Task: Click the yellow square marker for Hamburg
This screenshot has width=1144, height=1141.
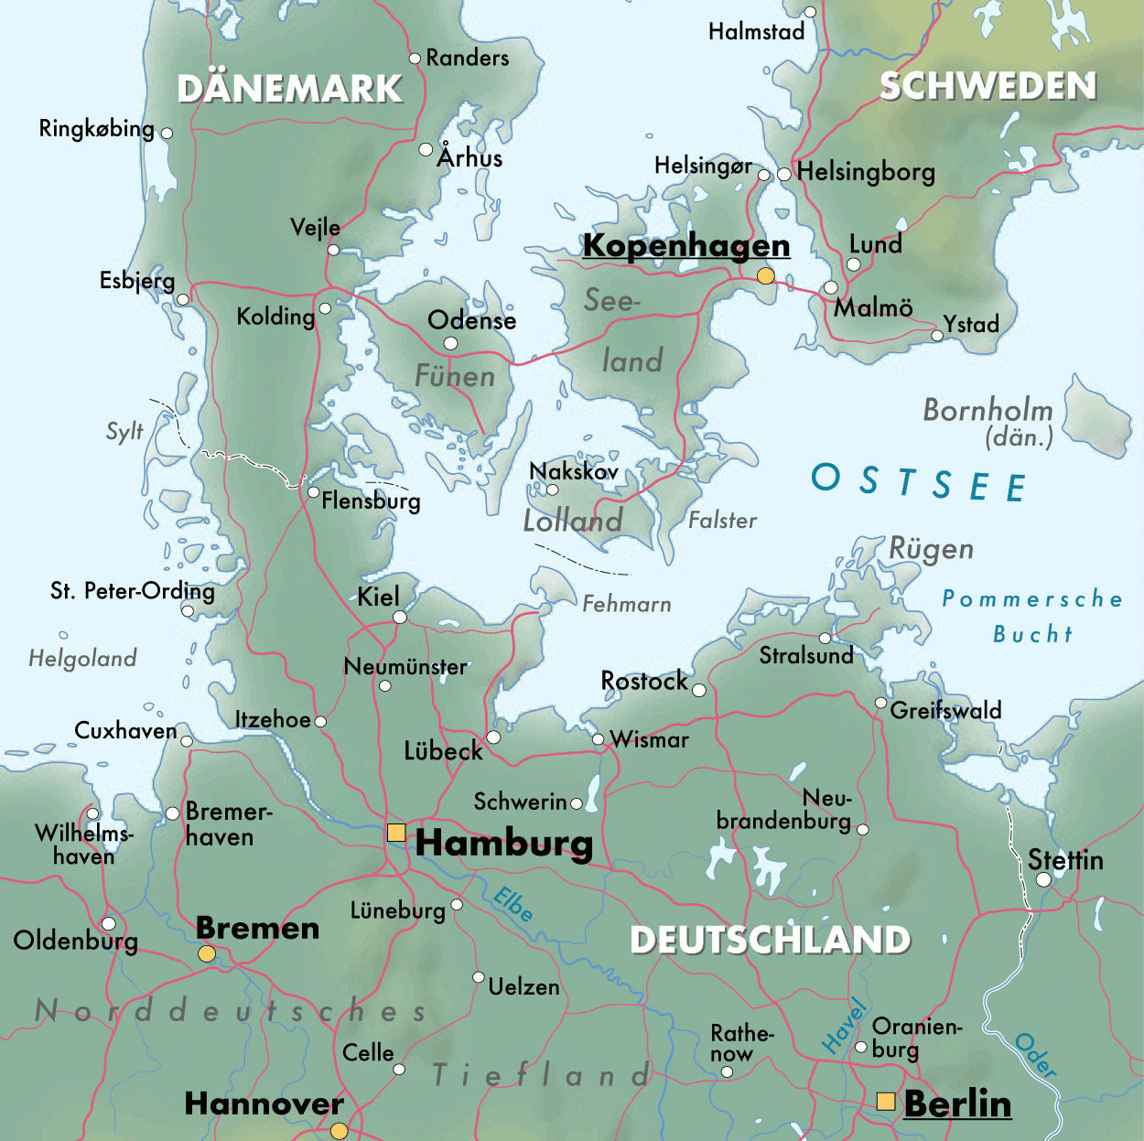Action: coord(396,832)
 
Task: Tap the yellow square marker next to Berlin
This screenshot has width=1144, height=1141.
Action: coord(885,1101)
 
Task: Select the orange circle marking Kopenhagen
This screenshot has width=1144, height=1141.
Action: coord(765,276)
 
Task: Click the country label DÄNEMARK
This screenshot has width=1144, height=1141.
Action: coord(289,89)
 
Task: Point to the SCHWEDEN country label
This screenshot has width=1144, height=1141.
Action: coord(988,86)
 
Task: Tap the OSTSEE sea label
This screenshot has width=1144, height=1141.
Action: coord(918,481)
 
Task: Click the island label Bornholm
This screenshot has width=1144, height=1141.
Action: coord(988,410)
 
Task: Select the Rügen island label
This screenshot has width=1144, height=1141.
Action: coord(931,549)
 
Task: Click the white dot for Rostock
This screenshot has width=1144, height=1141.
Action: coord(699,690)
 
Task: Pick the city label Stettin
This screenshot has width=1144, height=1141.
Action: coord(1065,860)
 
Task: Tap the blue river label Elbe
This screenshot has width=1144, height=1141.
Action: coord(513,904)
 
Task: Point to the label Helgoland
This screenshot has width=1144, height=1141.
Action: coord(82,658)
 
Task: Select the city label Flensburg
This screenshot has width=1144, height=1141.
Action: coord(371,501)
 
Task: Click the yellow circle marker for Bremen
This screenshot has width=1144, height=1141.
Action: coord(207,953)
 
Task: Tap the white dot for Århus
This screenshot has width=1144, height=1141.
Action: coord(426,149)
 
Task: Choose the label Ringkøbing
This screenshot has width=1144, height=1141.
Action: coord(96,128)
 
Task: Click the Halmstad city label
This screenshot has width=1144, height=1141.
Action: coord(756,32)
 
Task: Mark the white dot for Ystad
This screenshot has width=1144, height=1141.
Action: coord(936,336)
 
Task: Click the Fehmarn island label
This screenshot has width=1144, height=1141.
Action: coord(627,604)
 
